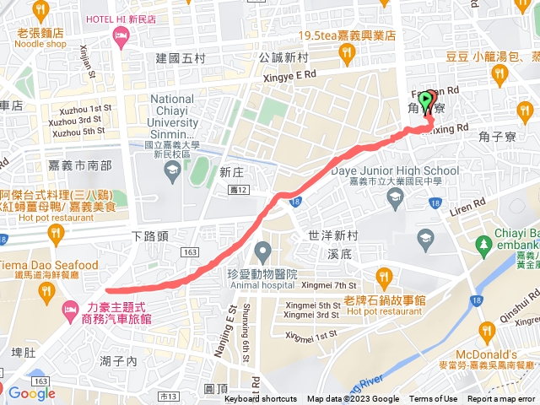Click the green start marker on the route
pyautogui.click(x=427, y=102)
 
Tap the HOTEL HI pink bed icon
pyautogui.click(x=121, y=35)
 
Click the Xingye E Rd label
pyautogui.click(x=289, y=74)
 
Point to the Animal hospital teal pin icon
pyautogui.click(x=262, y=251)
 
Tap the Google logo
pyautogui.click(x=31, y=393)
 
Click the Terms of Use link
pyautogui.click(x=433, y=399)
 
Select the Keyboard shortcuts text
pyautogui.click(x=260, y=399)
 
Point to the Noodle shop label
pyautogui.click(x=40, y=44)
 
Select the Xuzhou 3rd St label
pyautogui.click(x=82, y=120)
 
